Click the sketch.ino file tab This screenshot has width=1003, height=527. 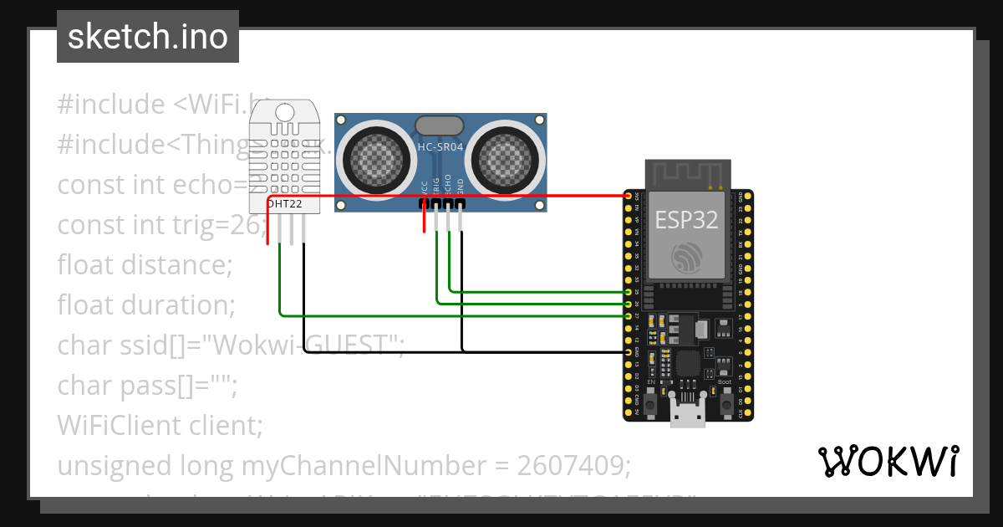147,37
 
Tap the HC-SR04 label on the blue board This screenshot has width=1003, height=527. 440,148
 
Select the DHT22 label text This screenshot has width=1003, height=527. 283,203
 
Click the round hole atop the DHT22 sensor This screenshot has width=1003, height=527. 284,111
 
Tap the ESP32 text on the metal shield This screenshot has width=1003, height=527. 685,220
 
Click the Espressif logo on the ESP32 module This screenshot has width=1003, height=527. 686,257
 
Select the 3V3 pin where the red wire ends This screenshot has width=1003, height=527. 629,196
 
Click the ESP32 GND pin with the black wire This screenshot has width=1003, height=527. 629,352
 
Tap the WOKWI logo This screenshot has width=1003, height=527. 887,461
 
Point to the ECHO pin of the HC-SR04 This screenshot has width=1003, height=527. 449,203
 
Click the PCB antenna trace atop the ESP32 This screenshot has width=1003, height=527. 686,174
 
